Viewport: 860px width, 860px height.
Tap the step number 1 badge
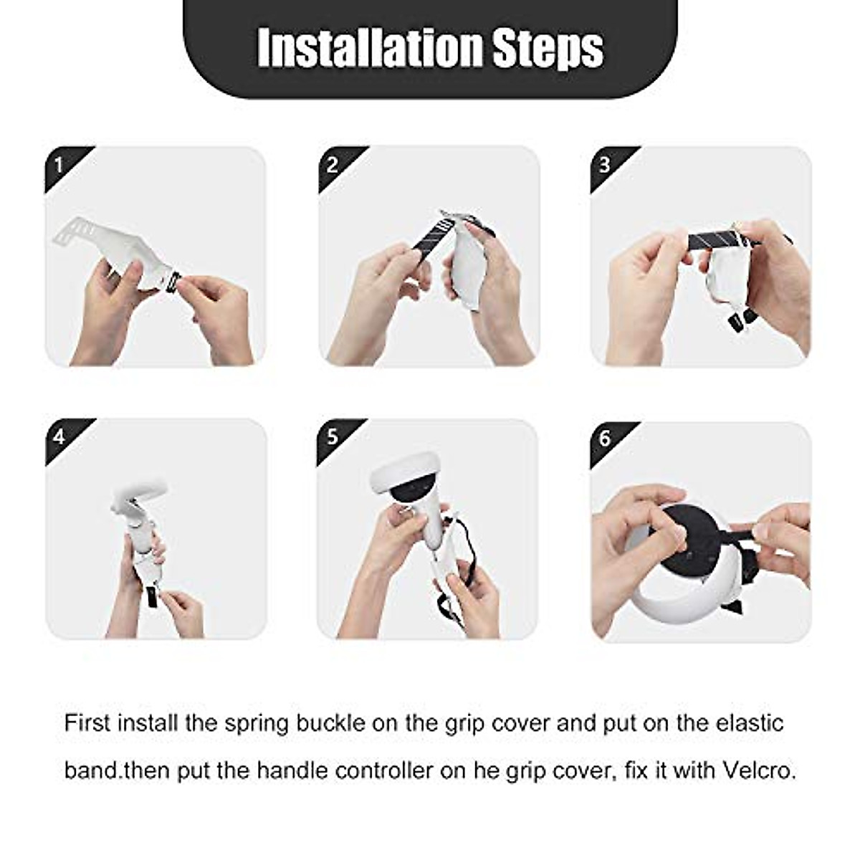tap(59, 166)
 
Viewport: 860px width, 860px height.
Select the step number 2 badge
tap(333, 166)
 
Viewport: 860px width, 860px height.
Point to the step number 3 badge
tap(605, 166)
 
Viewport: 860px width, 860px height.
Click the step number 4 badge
tap(59, 436)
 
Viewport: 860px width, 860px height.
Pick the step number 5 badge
tap(333, 436)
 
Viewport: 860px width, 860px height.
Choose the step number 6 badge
tap(605, 438)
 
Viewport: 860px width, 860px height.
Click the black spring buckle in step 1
tap(171, 282)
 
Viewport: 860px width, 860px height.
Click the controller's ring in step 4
tap(140, 494)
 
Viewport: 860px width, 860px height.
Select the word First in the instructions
tap(87, 722)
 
